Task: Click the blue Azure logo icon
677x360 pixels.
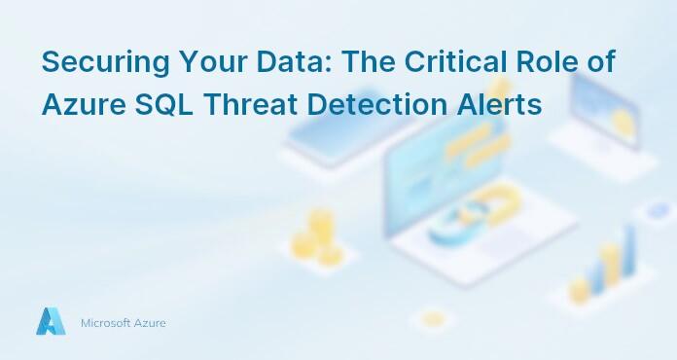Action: pos(51,322)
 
